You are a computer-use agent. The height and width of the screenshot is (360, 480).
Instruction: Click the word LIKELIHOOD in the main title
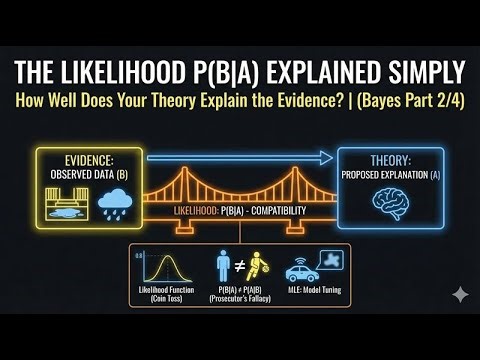pyautogui.click(x=137, y=73)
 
